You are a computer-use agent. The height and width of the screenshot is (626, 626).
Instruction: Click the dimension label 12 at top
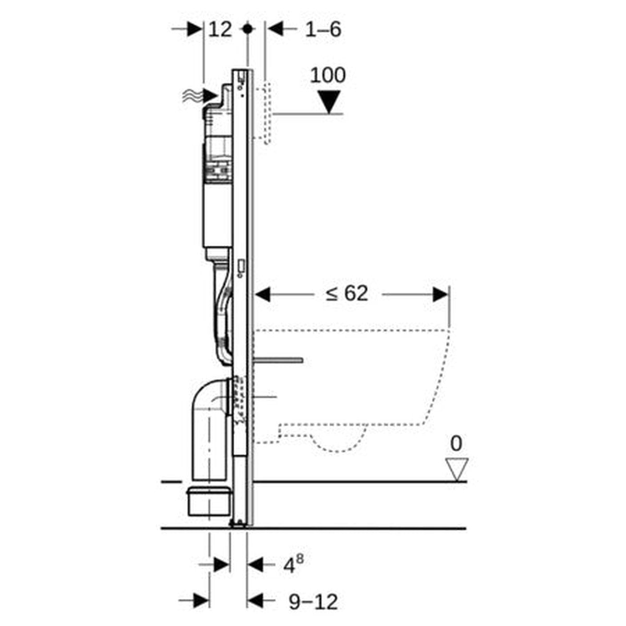220,29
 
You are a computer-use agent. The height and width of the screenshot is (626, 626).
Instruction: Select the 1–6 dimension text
323,29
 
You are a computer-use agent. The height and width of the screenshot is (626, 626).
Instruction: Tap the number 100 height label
328,76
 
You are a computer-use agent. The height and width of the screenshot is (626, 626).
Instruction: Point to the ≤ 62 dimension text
347,294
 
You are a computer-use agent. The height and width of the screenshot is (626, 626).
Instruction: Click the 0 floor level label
456,444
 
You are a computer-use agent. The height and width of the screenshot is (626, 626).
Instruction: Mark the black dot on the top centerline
248,29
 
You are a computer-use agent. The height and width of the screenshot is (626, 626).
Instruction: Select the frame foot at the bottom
239,524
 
